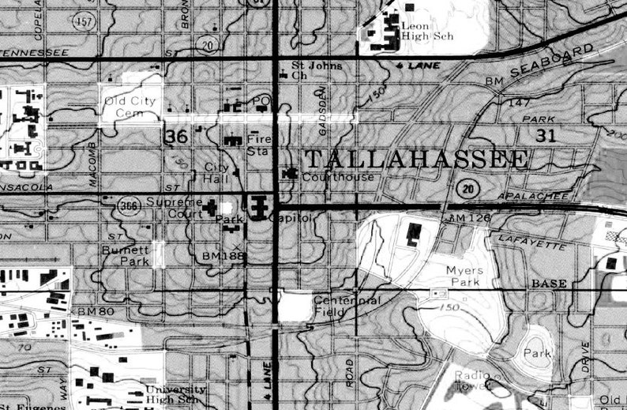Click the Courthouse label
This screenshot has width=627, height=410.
339,177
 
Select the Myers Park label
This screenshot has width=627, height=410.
464,275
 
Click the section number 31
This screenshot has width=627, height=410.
546,135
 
